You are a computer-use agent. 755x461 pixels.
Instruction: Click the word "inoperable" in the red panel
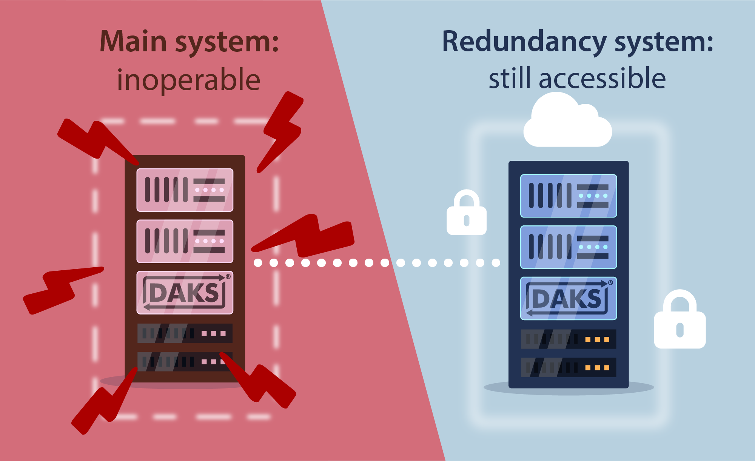[188, 80]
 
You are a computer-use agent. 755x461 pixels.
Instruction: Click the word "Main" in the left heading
[133, 42]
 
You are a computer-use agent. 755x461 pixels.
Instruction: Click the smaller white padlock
[466, 214]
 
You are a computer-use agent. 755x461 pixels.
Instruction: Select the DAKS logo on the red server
[185, 293]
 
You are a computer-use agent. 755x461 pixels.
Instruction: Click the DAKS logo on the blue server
[568, 299]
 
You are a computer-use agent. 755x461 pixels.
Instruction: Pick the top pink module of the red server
[185, 190]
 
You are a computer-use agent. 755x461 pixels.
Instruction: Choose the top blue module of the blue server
[568, 196]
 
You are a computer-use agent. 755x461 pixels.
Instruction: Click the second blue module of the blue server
[568, 247]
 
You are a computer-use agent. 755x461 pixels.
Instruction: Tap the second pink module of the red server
[185, 241]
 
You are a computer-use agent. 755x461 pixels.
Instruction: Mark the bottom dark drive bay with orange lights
[568, 367]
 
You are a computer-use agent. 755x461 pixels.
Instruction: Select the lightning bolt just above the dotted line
[310, 236]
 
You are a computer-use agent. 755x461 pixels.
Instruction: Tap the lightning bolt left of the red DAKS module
[60, 289]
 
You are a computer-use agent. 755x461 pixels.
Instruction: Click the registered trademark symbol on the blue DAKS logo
[610, 282]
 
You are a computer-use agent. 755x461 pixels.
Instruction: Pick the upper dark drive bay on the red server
[185, 333]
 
